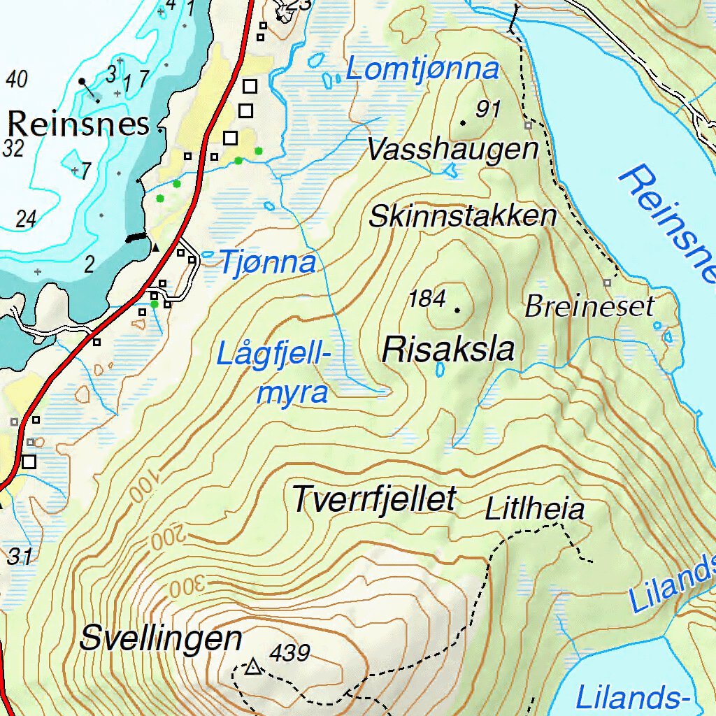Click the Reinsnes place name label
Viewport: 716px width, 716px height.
click(x=78, y=124)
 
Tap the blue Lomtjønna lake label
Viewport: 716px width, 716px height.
click(x=423, y=70)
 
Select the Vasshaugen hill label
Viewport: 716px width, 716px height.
click(x=452, y=149)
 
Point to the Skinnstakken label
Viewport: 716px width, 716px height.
click(x=462, y=217)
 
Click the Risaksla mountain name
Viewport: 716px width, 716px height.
click(x=448, y=349)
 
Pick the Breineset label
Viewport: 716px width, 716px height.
click(x=589, y=306)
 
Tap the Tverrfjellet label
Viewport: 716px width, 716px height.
click(x=374, y=499)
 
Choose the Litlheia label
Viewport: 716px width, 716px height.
click(x=534, y=509)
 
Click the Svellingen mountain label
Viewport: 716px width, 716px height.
click(x=161, y=638)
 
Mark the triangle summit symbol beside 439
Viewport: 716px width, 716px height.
click(x=252, y=668)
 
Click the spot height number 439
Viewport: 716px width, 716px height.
click(x=289, y=653)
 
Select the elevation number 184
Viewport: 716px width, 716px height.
click(x=427, y=299)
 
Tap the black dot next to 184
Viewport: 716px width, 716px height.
click(x=458, y=309)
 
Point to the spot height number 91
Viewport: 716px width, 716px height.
click(x=488, y=109)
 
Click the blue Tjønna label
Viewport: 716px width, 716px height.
click(x=268, y=262)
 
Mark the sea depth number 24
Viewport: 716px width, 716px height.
click(x=25, y=219)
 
